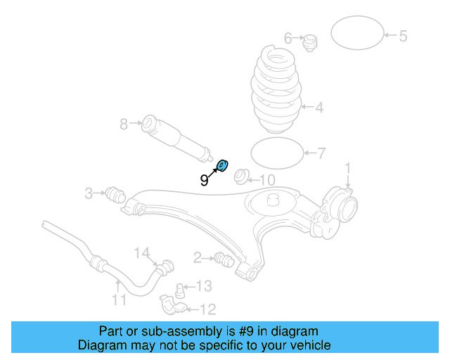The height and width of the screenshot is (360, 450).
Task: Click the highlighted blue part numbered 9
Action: tap(221, 166)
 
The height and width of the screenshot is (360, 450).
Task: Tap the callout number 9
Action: tap(204, 180)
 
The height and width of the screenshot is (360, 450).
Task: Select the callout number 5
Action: tap(403, 35)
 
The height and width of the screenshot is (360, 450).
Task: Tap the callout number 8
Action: tap(124, 124)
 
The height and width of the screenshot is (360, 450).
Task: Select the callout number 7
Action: tap(321, 153)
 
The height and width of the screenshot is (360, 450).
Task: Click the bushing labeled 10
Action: tap(241, 176)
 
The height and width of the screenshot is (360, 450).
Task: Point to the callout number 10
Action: tap(267, 180)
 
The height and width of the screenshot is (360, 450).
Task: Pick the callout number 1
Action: tap(347, 167)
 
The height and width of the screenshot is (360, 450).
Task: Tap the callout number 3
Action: tap(89, 193)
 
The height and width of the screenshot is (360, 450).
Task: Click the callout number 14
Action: tap(142, 252)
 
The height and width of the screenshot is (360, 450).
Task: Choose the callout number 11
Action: tap(119, 300)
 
